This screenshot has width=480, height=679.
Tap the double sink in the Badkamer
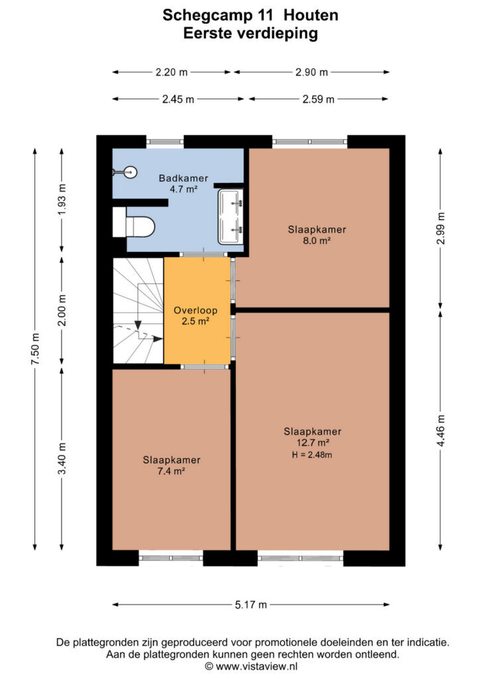[x=230, y=217]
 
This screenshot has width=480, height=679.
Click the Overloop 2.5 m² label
[x=195, y=316]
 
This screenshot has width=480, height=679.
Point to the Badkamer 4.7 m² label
[x=184, y=183]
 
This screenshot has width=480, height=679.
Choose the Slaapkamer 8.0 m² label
[x=317, y=235]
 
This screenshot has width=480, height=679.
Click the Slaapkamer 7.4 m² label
[x=172, y=465]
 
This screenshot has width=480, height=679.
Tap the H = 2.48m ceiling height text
[x=312, y=455]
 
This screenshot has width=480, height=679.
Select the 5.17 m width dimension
[x=251, y=605]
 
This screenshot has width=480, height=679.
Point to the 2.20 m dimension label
[x=172, y=72]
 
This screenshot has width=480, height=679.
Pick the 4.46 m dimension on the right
[x=441, y=430]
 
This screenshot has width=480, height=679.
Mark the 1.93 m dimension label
[x=62, y=200]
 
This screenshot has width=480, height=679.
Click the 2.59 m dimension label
[x=318, y=99]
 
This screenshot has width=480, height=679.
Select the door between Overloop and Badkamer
[x=204, y=255]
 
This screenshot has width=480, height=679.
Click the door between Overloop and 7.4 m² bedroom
[x=204, y=367]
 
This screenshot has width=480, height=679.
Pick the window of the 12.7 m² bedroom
[x=301, y=558]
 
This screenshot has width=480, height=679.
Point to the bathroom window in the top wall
[x=165, y=142]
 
